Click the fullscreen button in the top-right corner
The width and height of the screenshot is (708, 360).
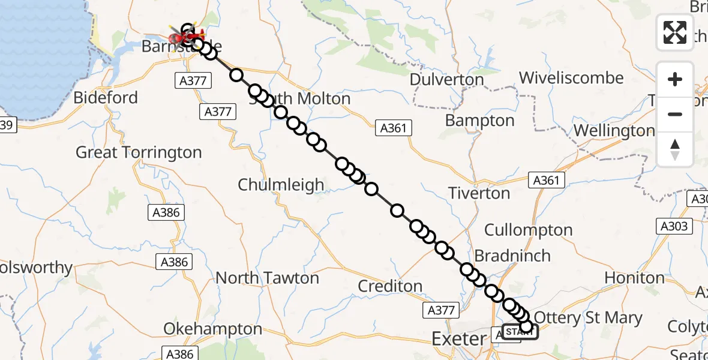[675, 32]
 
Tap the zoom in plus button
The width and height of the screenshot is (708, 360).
[675, 79]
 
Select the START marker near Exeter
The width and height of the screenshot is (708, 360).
[520, 332]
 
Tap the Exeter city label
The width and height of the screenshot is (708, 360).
[459, 339]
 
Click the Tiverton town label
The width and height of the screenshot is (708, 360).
[479, 193]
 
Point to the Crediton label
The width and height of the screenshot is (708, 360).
[390, 286]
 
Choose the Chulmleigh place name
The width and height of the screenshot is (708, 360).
[281, 185]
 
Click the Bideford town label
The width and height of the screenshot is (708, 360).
[106, 98]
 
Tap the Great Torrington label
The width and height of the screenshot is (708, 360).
[139, 152]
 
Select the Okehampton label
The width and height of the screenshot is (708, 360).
[213, 329]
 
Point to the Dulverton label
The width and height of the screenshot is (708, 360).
[446, 80]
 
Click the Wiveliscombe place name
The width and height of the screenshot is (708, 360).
[571, 78]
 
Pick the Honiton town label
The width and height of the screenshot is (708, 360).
[634, 278]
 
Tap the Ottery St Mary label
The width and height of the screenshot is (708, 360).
[587, 317]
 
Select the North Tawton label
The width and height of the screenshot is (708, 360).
[267, 278]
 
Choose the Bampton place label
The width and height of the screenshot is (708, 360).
[479, 121]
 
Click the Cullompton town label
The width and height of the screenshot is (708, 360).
[528, 230]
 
